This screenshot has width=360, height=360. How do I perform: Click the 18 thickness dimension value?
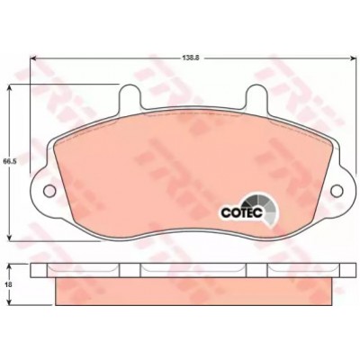click(x=9, y=284)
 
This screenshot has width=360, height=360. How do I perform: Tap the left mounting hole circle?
click(x=49, y=191)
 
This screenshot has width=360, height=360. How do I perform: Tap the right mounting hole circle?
click(x=337, y=191)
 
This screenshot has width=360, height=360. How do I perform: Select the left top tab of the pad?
click(x=130, y=96)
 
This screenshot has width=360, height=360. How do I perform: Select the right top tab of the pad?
click(x=256, y=96)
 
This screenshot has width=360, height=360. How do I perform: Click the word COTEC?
click(x=242, y=212)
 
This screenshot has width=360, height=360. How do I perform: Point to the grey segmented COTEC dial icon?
click(x=263, y=210)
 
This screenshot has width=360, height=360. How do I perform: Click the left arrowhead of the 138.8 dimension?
click(x=33, y=58)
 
